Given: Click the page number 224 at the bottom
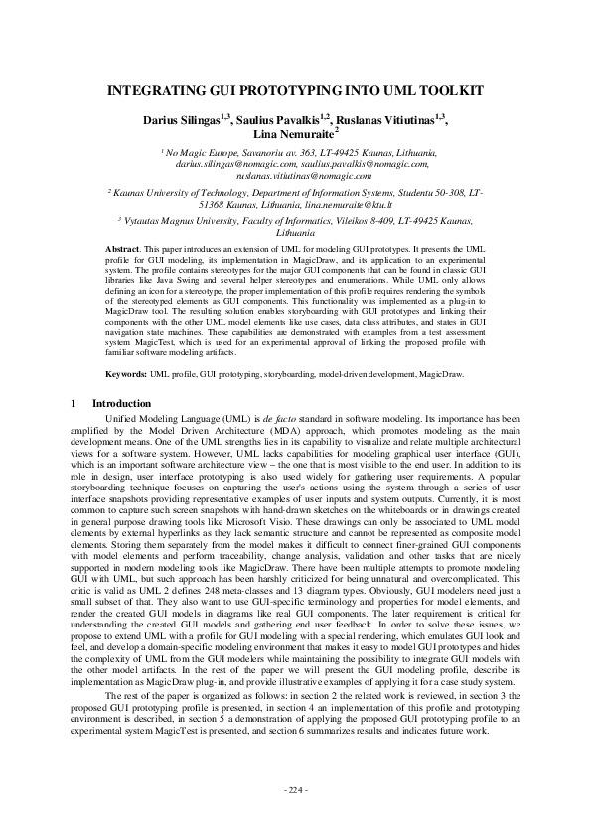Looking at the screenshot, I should [295, 789].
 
